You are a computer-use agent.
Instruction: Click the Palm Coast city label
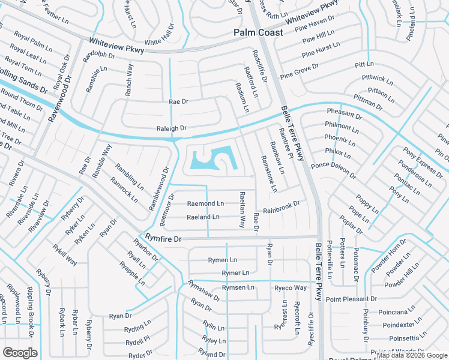pyautogui.click(x=258, y=32)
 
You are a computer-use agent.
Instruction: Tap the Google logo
pyautogui.click(x=20, y=353)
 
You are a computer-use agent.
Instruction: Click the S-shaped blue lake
pyautogui.click(x=213, y=160)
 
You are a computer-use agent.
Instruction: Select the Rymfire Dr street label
pyautogui.click(x=160, y=238)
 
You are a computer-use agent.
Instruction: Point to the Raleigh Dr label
pyautogui.click(x=172, y=128)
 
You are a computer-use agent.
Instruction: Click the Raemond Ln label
pyautogui.click(x=205, y=204)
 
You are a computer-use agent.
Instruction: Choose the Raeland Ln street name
pyautogui.click(x=203, y=217)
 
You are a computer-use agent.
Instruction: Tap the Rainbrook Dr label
pyautogui.click(x=281, y=207)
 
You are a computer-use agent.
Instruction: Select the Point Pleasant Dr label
pyautogui.click(x=352, y=299)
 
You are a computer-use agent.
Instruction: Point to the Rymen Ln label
pyautogui.click(x=218, y=260)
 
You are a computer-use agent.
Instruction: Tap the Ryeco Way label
pyautogui.click(x=291, y=288)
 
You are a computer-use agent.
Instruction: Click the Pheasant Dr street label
pyautogui.click(x=345, y=113)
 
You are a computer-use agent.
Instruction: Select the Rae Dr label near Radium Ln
pyautogui.click(x=179, y=102)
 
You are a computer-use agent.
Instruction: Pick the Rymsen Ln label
pyautogui.click(x=238, y=288)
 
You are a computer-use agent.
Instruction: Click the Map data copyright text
pyautogui.click(x=412, y=355)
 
